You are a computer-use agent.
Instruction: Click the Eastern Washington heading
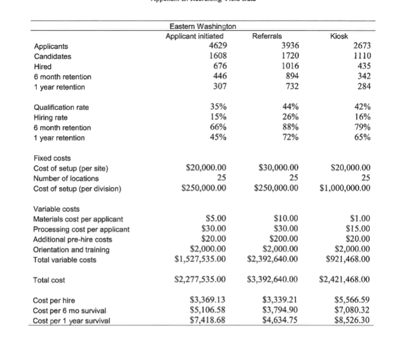(202, 27)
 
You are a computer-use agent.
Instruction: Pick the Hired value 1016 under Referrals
(287, 67)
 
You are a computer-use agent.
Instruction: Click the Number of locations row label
(64, 178)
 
